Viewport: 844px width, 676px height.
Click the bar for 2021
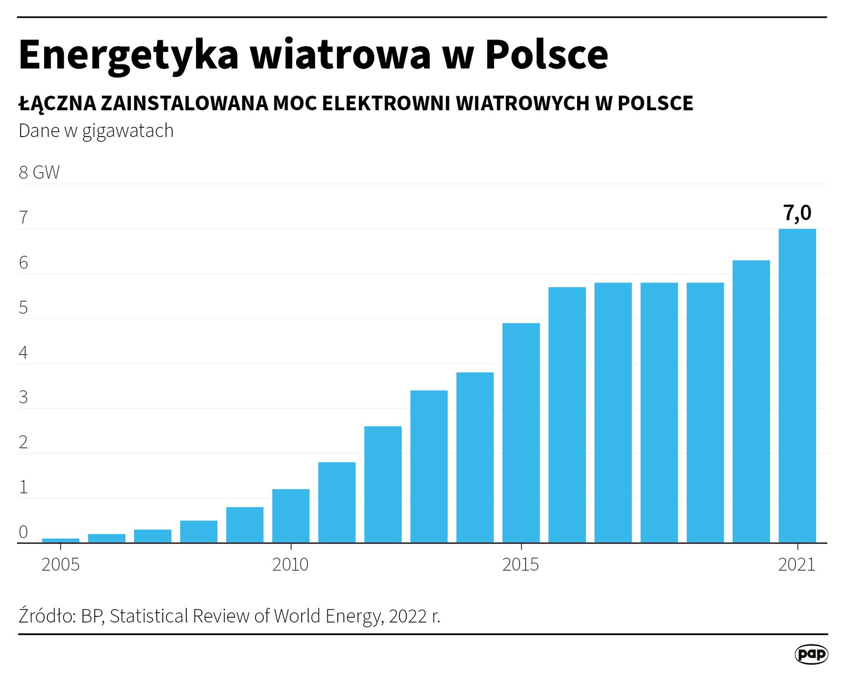coord(797,385)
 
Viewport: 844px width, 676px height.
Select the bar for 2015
coord(521,432)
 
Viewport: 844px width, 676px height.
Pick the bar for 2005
coord(61,540)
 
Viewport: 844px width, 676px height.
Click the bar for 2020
coord(751,401)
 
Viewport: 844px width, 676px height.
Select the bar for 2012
coord(383,484)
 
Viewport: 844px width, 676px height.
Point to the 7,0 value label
coord(797,213)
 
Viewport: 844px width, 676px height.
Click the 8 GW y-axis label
coord(39,172)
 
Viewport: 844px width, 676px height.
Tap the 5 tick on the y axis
coord(23,307)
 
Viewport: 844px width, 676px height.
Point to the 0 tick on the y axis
coord(23,532)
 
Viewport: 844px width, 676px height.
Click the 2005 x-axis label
coord(61,564)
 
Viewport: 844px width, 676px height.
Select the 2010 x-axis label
coord(290,564)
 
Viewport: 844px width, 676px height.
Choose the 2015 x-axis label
coord(521,564)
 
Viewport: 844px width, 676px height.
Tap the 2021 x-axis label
coord(797,564)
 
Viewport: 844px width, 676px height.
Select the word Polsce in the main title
coord(547,55)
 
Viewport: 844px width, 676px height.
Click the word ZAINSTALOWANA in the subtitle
coord(184,103)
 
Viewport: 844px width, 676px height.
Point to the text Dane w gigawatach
coord(96,131)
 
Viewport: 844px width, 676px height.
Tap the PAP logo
coord(811,654)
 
